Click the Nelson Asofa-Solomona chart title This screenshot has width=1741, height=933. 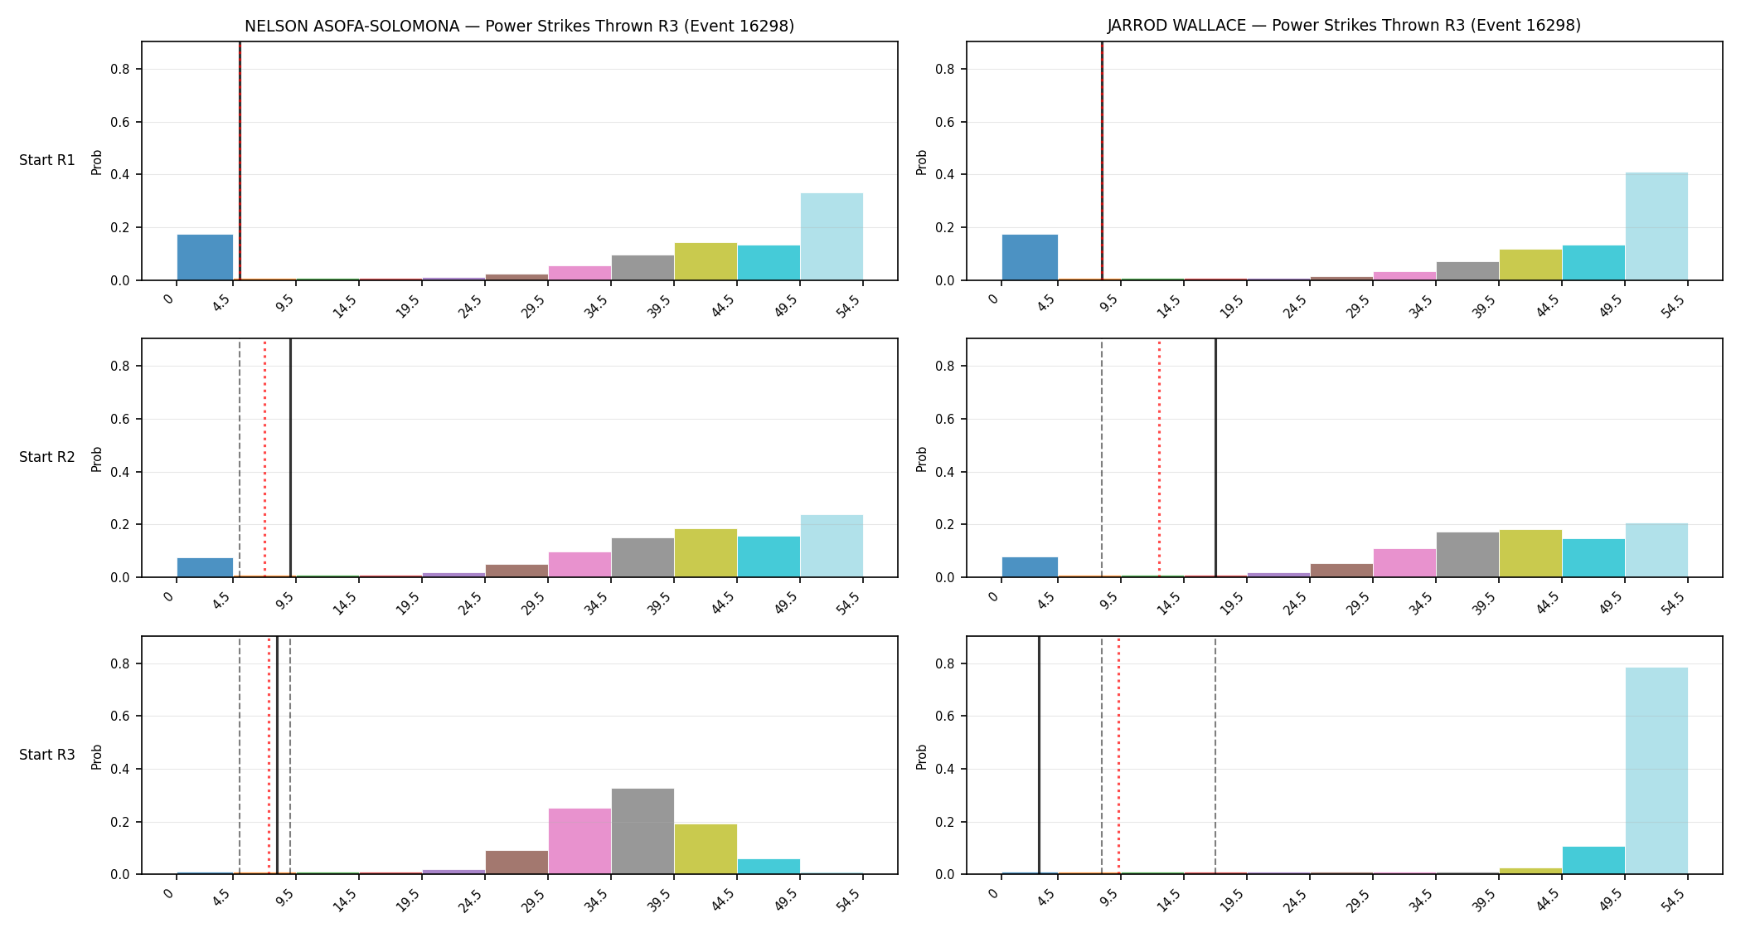coord(519,26)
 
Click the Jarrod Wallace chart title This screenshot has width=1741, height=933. coord(1344,26)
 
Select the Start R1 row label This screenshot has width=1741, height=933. coord(47,160)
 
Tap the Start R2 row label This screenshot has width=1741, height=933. coord(47,457)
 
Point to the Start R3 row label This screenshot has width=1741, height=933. coord(47,755)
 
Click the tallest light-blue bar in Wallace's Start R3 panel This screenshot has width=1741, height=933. coord(1656,770)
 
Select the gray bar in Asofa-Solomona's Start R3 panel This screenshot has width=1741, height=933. coord(643,831)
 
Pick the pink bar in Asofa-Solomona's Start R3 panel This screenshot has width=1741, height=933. coord(580,841)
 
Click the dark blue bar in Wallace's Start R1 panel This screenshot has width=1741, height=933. coord(1030,257)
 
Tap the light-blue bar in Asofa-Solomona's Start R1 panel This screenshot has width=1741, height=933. coord(832,236)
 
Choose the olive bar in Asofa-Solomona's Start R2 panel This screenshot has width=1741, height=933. coord(706,553)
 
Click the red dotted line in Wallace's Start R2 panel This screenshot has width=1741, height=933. coord(1159,458)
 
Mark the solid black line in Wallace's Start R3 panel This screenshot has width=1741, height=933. coord(1039,755)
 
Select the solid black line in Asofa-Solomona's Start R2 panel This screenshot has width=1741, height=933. coord(290,458)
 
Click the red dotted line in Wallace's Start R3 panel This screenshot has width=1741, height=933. coord(1118,755)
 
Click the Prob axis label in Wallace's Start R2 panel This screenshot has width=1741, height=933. coord(922,459)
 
